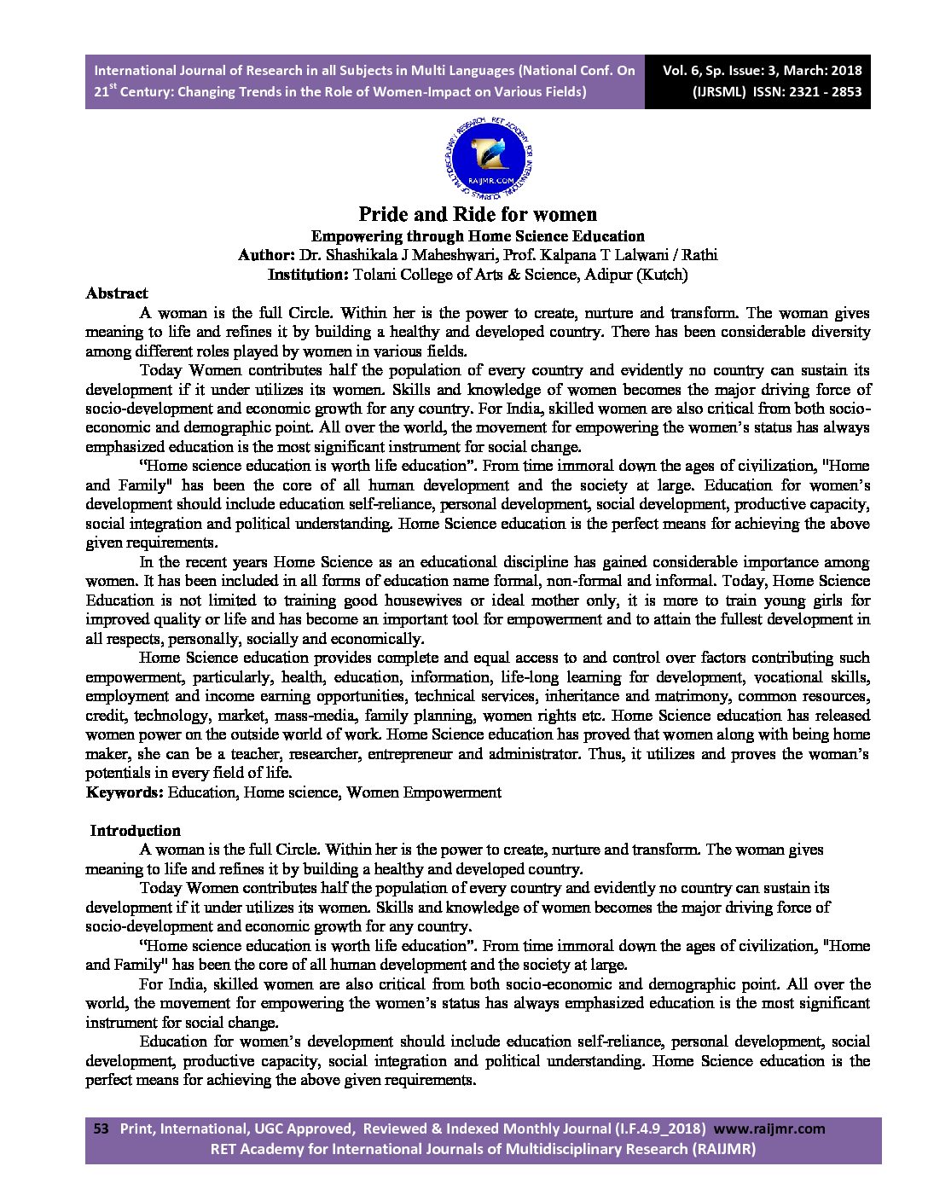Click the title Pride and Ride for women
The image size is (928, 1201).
point(477,213)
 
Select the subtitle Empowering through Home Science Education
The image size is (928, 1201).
point(477,236)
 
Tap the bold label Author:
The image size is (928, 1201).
point(266,255)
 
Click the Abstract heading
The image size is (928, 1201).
point(117,293)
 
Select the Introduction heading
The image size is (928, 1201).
point(136,831)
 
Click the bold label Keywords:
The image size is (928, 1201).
point(125,792)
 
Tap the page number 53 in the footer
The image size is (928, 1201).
point(101,1128)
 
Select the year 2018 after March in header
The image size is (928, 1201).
point(844,71)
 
